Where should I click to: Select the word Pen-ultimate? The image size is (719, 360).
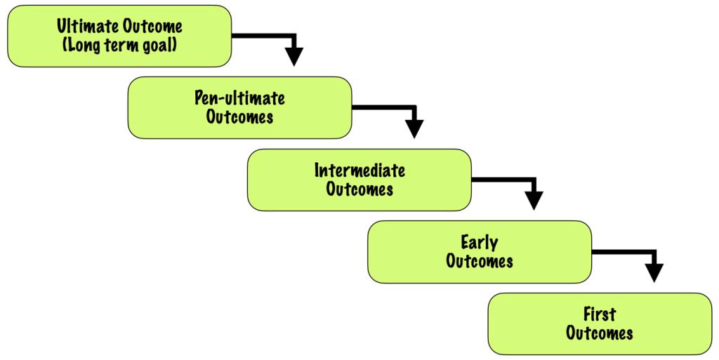pos(239,98)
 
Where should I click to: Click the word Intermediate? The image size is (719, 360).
pos(359,171)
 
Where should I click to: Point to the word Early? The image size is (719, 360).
pos(480,243)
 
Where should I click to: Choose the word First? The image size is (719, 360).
pos(599,314)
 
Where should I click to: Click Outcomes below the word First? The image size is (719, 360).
pos(599,333)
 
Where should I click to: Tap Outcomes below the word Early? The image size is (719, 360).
pos(480,261)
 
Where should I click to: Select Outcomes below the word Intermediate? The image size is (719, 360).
pos(359,189)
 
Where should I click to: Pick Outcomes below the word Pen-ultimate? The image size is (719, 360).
pos(239,116)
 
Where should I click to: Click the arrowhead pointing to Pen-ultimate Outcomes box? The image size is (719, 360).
pos(294,57)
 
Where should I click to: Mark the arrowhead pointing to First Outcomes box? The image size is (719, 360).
pos(654,273)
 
